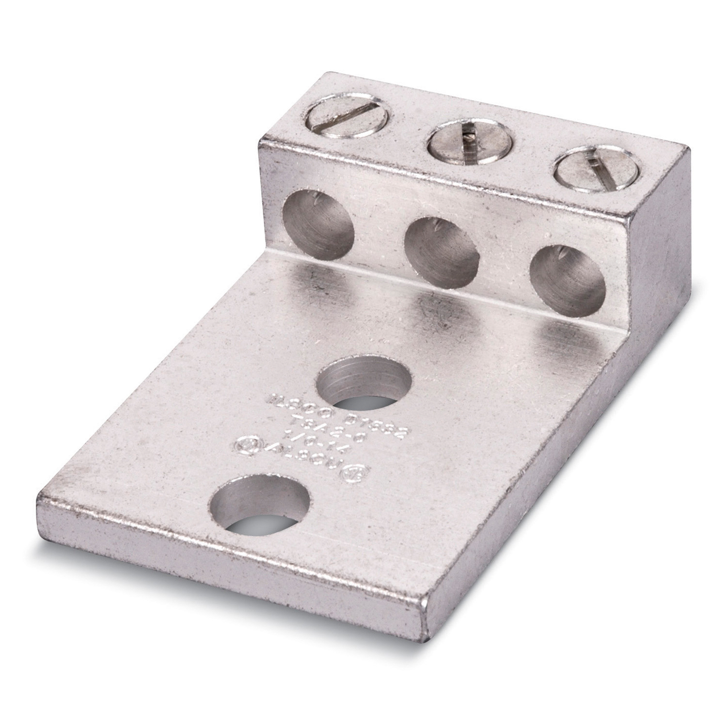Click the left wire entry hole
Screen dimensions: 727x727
click(318, 213)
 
